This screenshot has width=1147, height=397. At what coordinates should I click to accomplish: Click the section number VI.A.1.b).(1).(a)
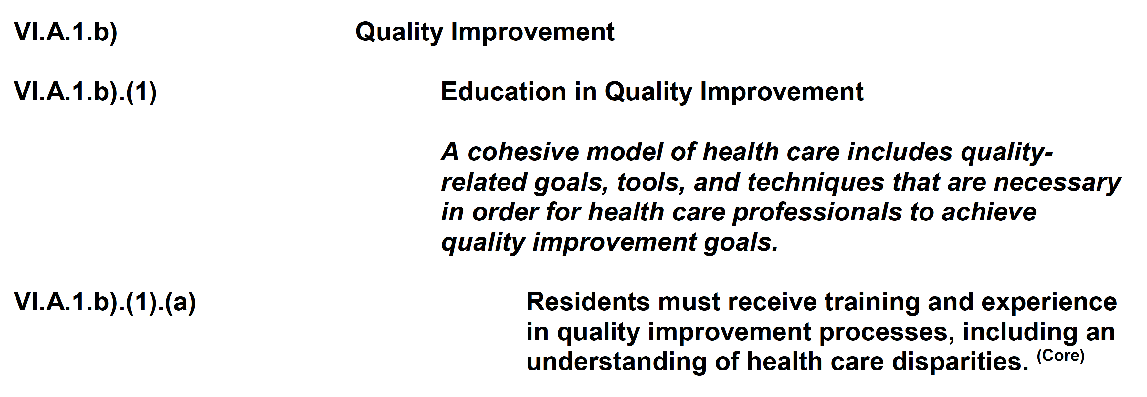tap(105, 303)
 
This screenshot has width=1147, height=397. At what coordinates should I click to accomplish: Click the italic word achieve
tap(989, 212)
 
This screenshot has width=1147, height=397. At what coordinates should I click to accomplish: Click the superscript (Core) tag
tap(1061, 356)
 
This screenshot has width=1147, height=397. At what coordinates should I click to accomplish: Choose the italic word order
tap(505, 212)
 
